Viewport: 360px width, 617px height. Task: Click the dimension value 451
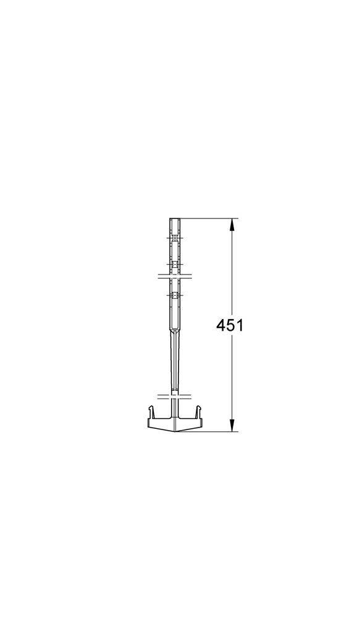pos(230,325)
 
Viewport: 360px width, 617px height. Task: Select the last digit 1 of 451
pos(240,325)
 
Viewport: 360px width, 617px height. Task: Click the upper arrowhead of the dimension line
pos(232,225)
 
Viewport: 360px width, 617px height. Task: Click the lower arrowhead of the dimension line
pos(232,425)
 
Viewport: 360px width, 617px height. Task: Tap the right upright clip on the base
pos(199,412)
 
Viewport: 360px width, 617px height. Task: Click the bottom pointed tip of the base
pos(175,431)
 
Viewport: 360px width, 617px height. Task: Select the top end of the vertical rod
pos(175,219)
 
